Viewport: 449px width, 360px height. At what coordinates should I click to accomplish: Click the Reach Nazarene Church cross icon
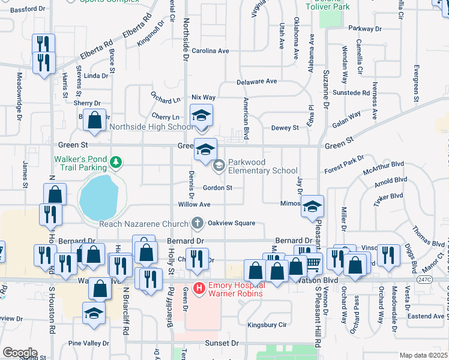[x=196, y=223]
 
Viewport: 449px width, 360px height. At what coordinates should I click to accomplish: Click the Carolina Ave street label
[x=211, y=51]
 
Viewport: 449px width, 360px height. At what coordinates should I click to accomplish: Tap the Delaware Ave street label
[x=256, y=81]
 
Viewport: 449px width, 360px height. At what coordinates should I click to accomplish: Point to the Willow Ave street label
[x=194, y=205]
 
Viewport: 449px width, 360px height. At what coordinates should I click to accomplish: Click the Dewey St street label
[x=285, y=128]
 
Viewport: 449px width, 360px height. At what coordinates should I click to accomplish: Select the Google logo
[x=20, y=353]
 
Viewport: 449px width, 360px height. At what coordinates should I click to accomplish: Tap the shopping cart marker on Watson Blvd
[x=313, y=262]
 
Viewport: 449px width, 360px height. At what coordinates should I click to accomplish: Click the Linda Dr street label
[x=96, y=76]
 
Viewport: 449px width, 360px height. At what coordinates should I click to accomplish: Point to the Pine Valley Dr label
[x=88, y=343]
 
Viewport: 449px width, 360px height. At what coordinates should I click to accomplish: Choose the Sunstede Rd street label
[x=351, y=93]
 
